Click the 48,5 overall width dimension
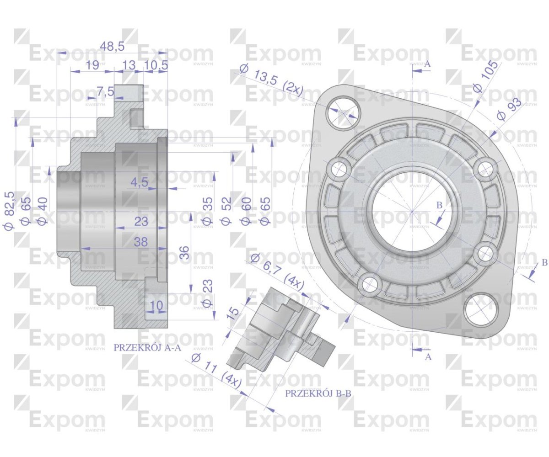coord(112,47)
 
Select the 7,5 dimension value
coord(105,91)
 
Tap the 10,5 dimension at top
coord(156,65)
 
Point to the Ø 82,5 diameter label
coord(10,211)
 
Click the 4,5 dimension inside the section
coord(140,182)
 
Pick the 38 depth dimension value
coord(140,242)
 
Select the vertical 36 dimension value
coord(185,253)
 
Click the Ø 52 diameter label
coord(226,211)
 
